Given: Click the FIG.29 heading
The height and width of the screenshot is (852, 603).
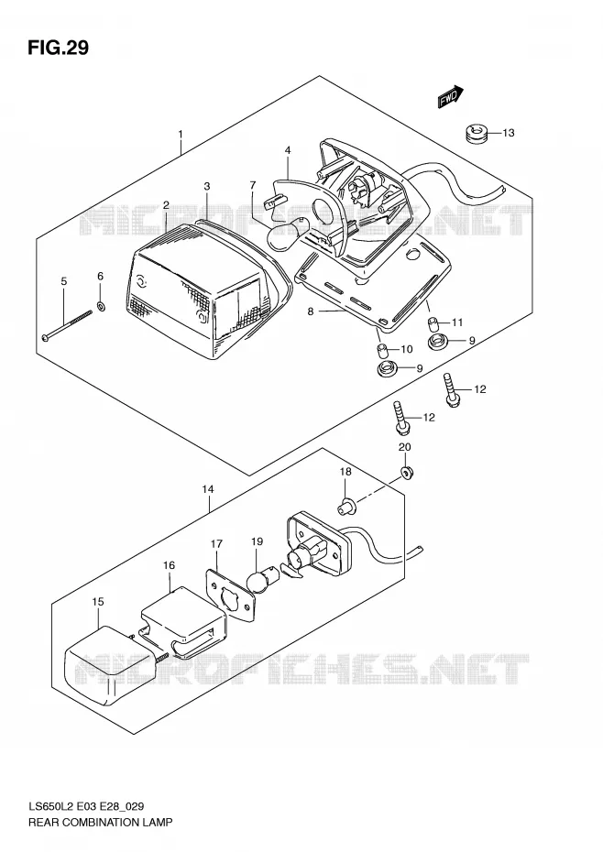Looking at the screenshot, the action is point(58,48).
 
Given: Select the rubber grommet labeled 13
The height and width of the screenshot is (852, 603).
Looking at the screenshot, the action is point(476,133).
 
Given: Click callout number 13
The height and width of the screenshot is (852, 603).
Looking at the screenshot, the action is point(508,133).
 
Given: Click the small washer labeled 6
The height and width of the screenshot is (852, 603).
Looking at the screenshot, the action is point(101,306).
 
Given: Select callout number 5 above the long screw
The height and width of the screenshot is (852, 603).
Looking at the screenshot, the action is point(63,281).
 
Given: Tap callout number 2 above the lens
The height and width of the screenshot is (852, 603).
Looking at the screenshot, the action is point(166,205).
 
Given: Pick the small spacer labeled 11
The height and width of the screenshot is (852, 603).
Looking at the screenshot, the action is point(433,323).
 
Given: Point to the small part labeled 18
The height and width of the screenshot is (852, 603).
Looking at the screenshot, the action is point(347,508).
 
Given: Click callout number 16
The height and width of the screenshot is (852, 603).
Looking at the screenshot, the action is point(170,565).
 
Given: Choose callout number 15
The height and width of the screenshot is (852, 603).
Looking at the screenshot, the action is point(98,602).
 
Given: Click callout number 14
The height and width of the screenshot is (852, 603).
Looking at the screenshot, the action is point(208,489).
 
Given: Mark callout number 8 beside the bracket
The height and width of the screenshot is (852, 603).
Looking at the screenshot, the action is point(311,311).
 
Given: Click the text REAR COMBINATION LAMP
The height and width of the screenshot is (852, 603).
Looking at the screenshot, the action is point(100,822).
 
